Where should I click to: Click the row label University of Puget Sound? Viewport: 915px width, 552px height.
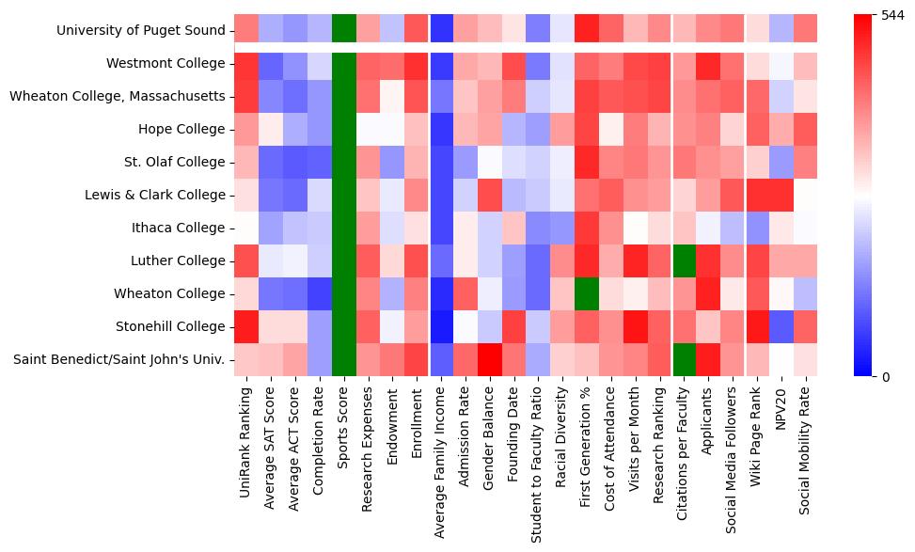click(141, 30)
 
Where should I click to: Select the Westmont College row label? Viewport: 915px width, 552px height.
click(166, 63)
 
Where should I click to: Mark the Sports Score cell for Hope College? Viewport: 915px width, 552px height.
click(344, 129)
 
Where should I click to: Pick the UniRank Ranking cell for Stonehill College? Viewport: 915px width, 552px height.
click(246, 326)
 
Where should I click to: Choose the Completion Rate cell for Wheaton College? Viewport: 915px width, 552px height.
click(320, 293)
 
